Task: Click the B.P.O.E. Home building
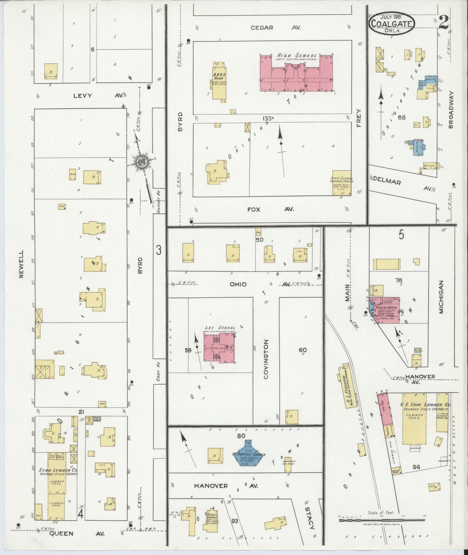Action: point(219,83)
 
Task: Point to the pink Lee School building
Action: point(219,348)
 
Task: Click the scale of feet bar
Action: point(381,520)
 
